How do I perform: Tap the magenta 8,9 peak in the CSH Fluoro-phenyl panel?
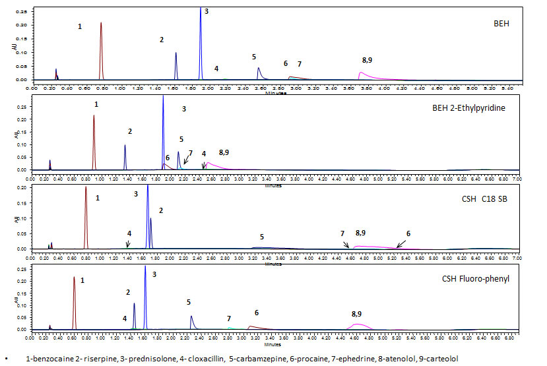pos(358,324)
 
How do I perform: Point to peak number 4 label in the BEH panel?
pos(216,69)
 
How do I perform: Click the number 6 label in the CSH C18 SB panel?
pos(408,233)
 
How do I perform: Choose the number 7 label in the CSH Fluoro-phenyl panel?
pos(229,319)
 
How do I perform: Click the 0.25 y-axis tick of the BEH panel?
pos(20,13)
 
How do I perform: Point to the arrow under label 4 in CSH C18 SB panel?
pos(128,243)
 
